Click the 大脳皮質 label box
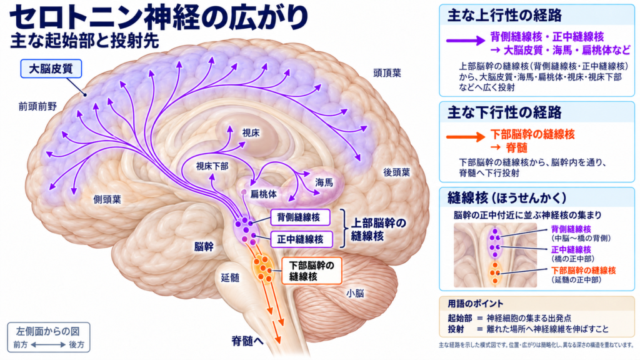tap(51, 69)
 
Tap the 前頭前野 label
tap(37, 106)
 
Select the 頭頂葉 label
tap(387, 73)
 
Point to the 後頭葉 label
tap(396, 172)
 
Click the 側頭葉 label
tap(107, 199)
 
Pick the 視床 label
tap(251, 132)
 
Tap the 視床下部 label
tap(212, 166)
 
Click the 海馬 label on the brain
tap(324, 182)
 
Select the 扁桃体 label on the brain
tap(263, 194)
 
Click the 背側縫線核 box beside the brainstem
tap(300, 217)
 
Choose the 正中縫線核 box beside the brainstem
tap(301, 239)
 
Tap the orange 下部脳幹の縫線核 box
tap(311, 271)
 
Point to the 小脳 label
tap(355, 293)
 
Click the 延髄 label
tap(230, 277)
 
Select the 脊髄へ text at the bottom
tap(247, 341)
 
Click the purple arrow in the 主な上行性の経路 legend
tap(465, 40)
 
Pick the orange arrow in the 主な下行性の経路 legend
tap(465, 137)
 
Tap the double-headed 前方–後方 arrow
tap(48, 345)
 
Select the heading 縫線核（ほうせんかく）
tap(507, 198)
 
